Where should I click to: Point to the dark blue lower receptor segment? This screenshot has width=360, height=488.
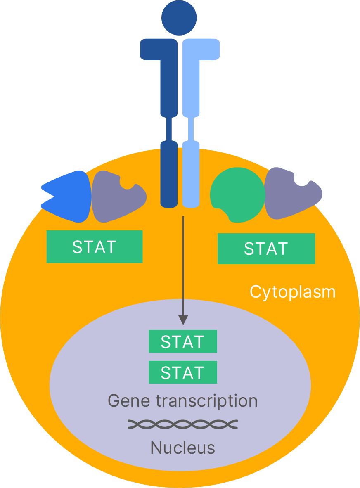point(168,173)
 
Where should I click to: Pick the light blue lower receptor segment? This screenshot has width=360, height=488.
point(191,173)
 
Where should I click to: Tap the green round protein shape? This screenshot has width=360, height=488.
point(237,194)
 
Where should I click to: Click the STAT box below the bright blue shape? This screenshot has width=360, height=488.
point(95,247)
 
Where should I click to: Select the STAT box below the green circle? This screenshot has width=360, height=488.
point(266,249)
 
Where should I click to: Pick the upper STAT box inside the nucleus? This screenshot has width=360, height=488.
point(182,342)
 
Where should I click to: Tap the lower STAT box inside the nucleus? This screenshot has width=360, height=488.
point(182,372)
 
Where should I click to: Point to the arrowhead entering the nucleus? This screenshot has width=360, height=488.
point(183,320)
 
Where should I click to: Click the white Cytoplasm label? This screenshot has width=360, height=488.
point(293,292)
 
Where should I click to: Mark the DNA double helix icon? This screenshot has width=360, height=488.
point(182,424)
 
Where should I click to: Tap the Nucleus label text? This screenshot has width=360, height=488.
point(182,448)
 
